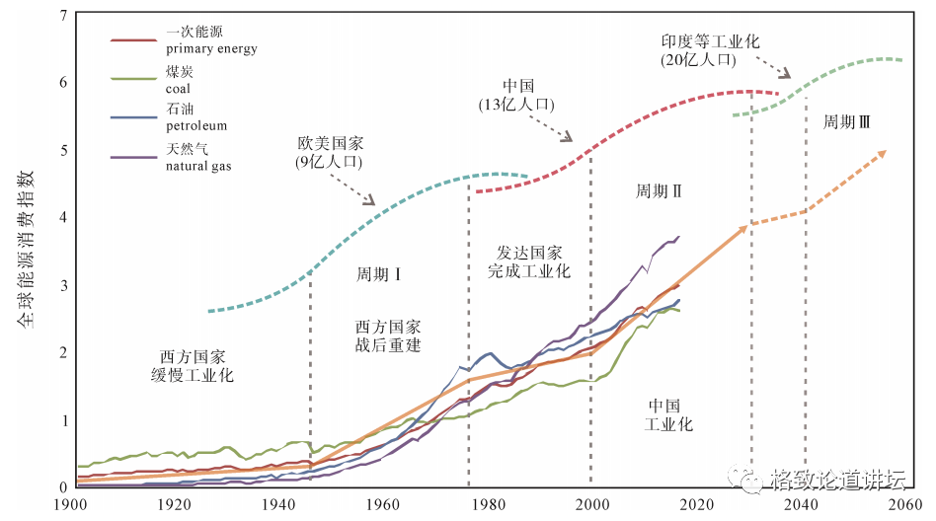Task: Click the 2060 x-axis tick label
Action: click(x=902, y=504)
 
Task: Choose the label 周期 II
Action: click(x=659, y=190)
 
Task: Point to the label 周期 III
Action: click(x=847, y=122)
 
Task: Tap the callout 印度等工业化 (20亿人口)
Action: click(x=711, y=51)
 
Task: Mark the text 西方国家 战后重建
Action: click(x=388, y=336)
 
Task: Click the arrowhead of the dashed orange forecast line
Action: click(x=883, y=153)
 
